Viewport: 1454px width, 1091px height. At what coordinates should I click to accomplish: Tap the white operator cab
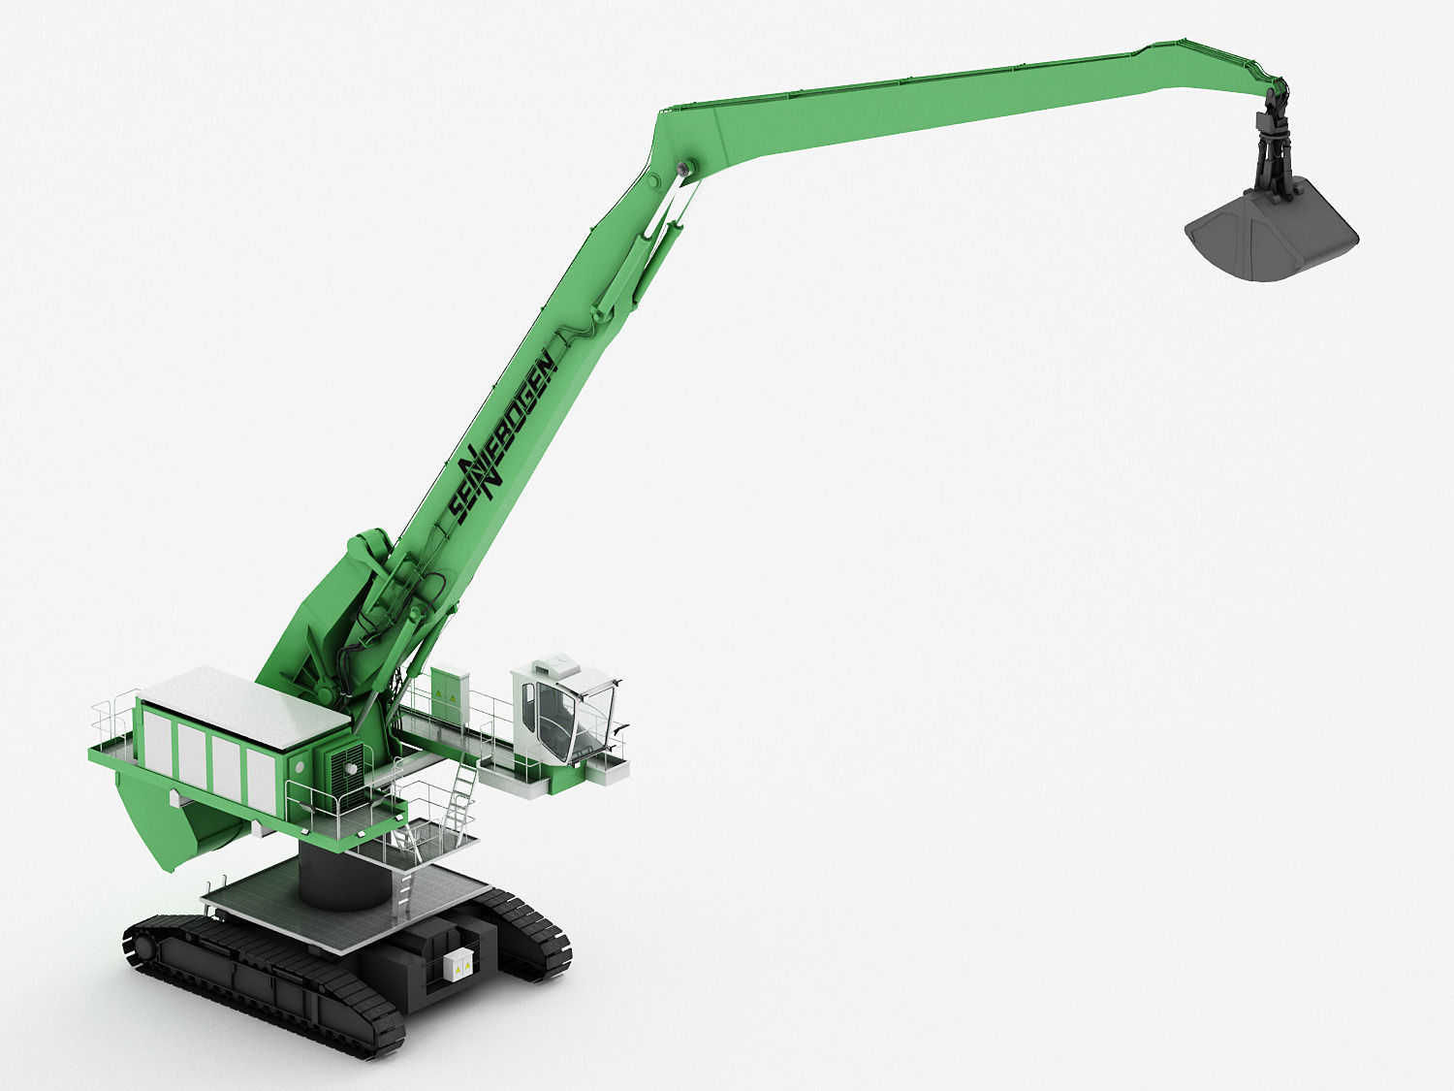(563, 708)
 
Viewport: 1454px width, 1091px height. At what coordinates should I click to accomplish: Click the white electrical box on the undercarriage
(458, 964)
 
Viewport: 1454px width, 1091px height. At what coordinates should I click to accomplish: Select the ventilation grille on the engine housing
(345, 766)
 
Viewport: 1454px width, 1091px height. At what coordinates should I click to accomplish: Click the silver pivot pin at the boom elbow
(687, 169)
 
